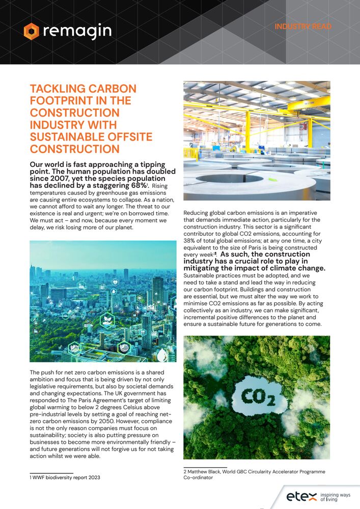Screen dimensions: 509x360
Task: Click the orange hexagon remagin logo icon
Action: coord(31,31)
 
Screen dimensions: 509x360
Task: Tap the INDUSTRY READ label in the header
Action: coord(303,26)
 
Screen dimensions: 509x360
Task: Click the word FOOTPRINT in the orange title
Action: coord(55,100)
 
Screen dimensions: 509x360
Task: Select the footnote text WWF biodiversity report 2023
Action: coord(66,477)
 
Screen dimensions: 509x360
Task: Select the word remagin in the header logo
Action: coord(77,31)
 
